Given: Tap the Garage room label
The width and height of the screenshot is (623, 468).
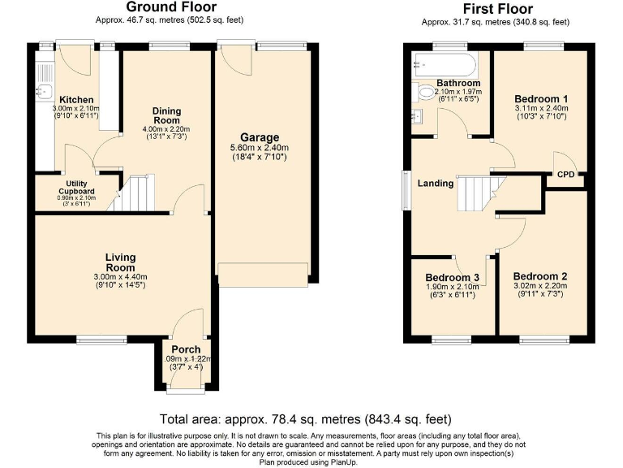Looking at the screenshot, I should pos(260,137).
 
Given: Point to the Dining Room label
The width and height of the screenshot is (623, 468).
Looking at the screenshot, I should pos(166,116).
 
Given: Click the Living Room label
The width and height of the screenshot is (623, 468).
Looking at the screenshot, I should pos(120,262).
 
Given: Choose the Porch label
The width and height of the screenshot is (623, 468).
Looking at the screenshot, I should pos(186,349).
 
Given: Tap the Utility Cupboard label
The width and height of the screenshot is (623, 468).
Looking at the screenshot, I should pos(75,188).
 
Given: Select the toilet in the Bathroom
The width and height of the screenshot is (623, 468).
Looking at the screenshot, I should pos(423,93).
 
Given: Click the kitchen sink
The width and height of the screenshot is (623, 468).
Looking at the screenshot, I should pos(45,90).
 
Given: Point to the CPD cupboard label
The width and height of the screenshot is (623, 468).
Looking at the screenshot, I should pos(565,174).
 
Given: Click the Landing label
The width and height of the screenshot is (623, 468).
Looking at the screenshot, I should pos(435,184).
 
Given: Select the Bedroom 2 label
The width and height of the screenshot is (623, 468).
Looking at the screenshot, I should pos(539,276).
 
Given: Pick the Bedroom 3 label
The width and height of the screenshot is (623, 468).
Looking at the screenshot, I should pos(452,277).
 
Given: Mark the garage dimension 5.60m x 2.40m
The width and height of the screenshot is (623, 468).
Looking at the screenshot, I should pos(260,148).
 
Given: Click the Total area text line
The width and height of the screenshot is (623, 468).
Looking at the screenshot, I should pos(305,420).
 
